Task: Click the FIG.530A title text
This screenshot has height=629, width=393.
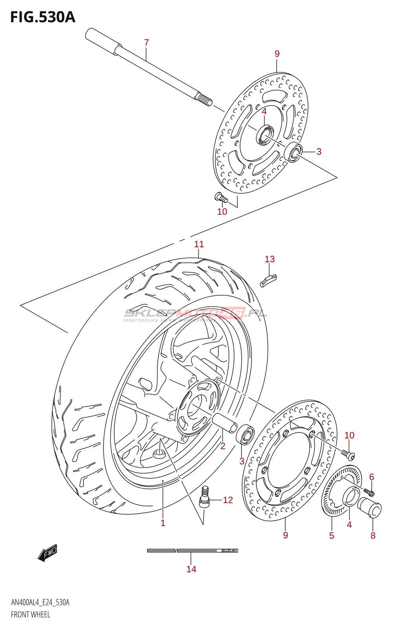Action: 42,18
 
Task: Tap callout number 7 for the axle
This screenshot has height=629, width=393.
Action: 147,42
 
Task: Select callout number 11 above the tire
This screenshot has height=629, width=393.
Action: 199,244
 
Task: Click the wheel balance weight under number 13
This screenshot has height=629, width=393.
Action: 269,281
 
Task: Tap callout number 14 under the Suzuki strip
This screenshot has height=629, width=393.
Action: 191,569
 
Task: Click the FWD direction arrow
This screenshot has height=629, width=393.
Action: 48,553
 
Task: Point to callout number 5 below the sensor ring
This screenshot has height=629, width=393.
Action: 332,535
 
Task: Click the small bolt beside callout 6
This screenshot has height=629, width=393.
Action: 369,492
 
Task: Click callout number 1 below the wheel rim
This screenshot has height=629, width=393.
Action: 163,523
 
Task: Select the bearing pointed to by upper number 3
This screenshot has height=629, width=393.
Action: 294,152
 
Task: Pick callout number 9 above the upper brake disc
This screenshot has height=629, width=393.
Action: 277,54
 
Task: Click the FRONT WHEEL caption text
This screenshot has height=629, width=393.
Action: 30,614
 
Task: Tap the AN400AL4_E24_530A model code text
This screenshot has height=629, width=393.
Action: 40,602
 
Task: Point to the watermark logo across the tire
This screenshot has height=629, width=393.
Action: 195,314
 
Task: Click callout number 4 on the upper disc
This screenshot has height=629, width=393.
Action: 264,112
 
